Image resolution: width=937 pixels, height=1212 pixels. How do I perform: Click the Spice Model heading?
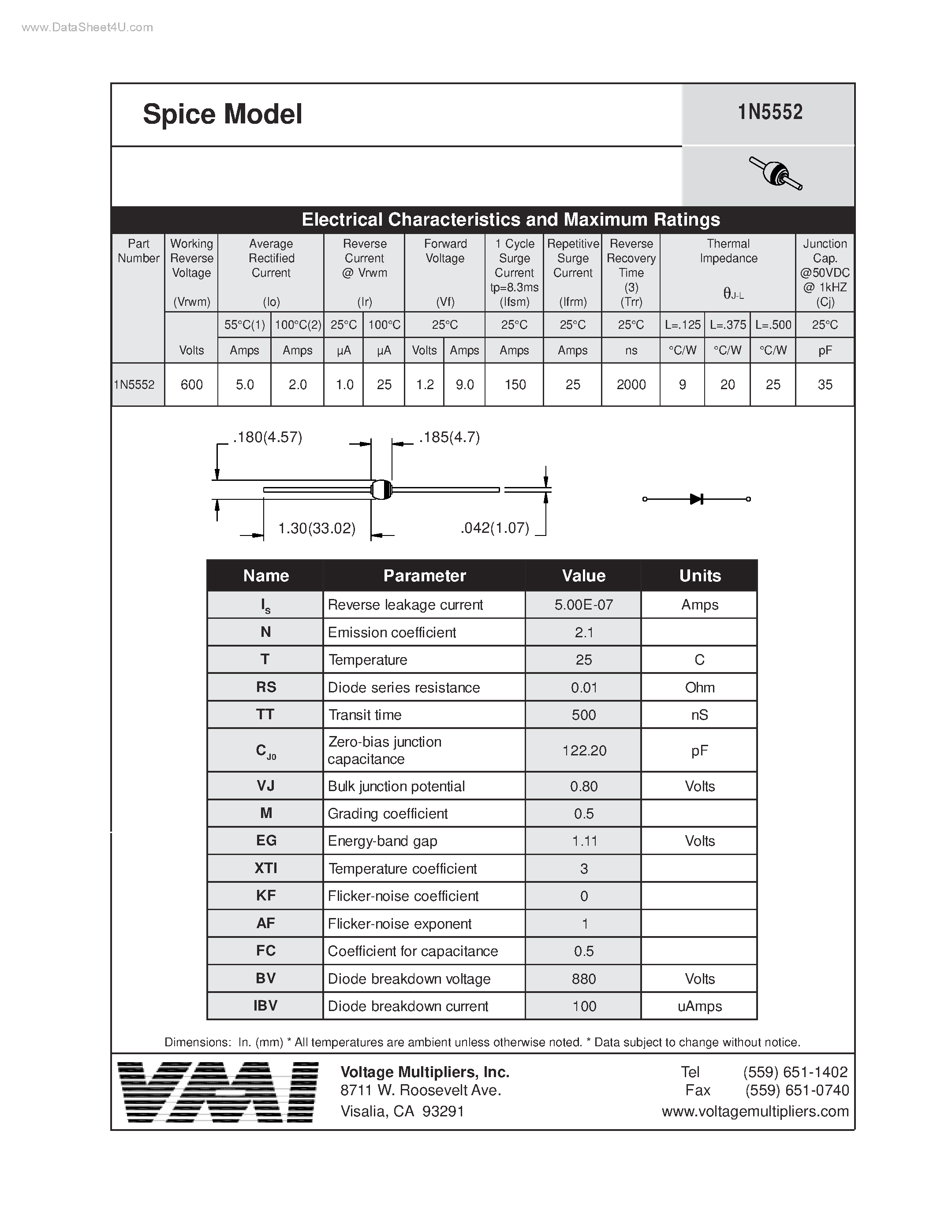pyautogui.click(x=223, y=114)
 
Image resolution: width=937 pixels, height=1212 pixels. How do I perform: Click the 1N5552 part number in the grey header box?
pyautogui.click(x=770, y=113)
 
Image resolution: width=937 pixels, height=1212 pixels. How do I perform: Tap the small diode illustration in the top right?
pyautogui.click(x=776, y=174)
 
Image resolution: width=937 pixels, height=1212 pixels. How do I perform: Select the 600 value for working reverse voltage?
pyautogui.click(x=191, y=385)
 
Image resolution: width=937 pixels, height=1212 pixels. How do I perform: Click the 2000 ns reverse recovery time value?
pyautogui.click(x=631, y=385)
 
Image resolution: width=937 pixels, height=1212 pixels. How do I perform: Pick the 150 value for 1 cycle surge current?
pyautogui.click(x=515, y=385)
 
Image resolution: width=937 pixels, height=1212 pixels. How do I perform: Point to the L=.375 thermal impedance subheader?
pyautogui.click(x=727, y=325)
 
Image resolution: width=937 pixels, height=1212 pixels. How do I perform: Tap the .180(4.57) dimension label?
pyautogui.click(x=268, y=438)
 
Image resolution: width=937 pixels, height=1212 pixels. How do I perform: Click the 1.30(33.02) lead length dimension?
pyautogui.click(x=317, y=528)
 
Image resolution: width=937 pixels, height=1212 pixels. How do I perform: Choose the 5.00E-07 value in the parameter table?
pyautogui.click(x=583, y=605)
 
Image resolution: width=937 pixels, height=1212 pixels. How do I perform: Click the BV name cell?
pyautogui.click(x=265, y=978)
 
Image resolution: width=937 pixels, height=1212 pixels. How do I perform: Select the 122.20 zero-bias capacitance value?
pyautogui.click(x=584, y=751)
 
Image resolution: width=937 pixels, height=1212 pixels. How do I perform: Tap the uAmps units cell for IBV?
pyautogui.click(x=699, y=1006)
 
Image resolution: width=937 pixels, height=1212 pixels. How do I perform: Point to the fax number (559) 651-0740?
pyautogui.click(x=797, y=1090)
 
